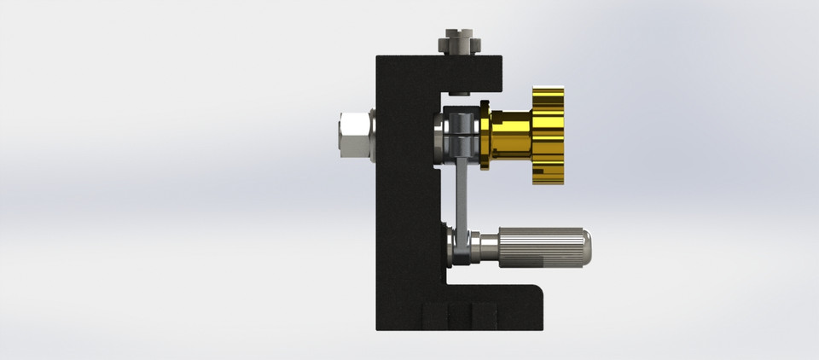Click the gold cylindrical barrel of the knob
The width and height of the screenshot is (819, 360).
[510, 136]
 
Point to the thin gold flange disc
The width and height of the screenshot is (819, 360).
[485, 136]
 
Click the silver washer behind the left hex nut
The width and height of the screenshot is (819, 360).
[373, 135]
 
